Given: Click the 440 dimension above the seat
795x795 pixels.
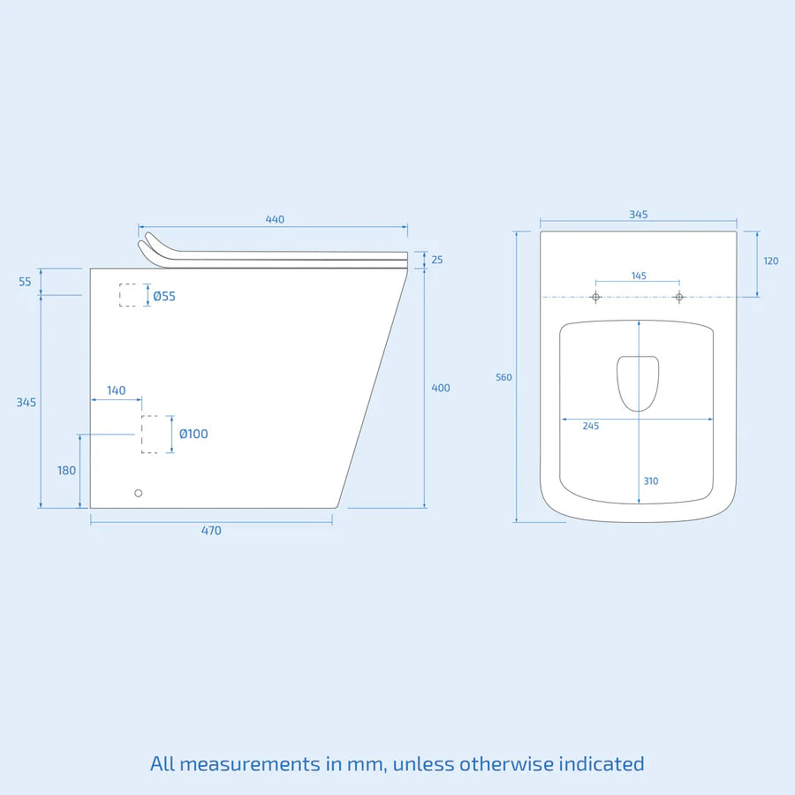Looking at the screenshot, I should click(x=275, y=220).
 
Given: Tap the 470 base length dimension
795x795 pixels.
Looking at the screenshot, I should click(x=211, y=531).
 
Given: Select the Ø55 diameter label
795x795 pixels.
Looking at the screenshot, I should click(x=164, y=296).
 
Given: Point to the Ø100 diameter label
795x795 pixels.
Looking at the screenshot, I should click(x=193, y=434).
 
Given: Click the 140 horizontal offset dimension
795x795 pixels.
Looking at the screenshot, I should click(x=116, y=390).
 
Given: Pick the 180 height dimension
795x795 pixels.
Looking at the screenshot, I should click(x=67, y=471).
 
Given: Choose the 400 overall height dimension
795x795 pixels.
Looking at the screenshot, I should click(x=440, y=388).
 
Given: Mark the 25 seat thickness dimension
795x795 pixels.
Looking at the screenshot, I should click(x=437, y=260).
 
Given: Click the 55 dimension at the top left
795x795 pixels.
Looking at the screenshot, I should click(x=25, y=282).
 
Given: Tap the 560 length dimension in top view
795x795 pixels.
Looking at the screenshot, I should click(x=503, y=377).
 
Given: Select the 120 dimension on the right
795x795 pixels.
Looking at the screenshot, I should click(x=771, y=261).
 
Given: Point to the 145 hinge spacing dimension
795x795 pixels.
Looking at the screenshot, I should click(x=639, y=276).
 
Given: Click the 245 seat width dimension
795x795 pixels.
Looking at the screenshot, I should click(x=591, y=426).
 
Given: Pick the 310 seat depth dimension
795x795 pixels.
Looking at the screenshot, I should click(x=650, y=481).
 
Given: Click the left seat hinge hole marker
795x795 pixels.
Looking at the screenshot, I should click(x=595, y=297).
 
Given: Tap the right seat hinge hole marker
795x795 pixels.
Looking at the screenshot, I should click(x=679, y=297).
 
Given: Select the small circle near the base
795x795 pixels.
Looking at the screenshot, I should click(x=138, y=493).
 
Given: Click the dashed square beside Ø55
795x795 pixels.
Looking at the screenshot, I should click(x=129, y=295).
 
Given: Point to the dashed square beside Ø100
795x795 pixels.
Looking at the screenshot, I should click(x=150, y=435).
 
